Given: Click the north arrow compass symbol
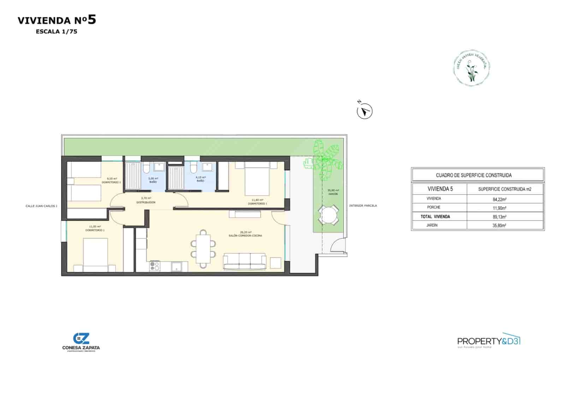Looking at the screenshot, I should tap(364, 112).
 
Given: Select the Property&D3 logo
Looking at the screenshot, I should tap(489, 341).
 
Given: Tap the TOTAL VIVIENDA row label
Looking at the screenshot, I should tap(435, 217).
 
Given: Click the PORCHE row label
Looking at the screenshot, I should tap(434, 207).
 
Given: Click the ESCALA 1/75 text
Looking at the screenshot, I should tap(56, 31).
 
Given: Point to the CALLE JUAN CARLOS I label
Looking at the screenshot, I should tap(41, 206).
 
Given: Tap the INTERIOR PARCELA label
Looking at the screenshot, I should tap(363, 206).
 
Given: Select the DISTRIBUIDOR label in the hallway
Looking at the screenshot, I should tap(146, 203).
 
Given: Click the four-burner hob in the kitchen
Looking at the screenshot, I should tap(155, 266).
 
